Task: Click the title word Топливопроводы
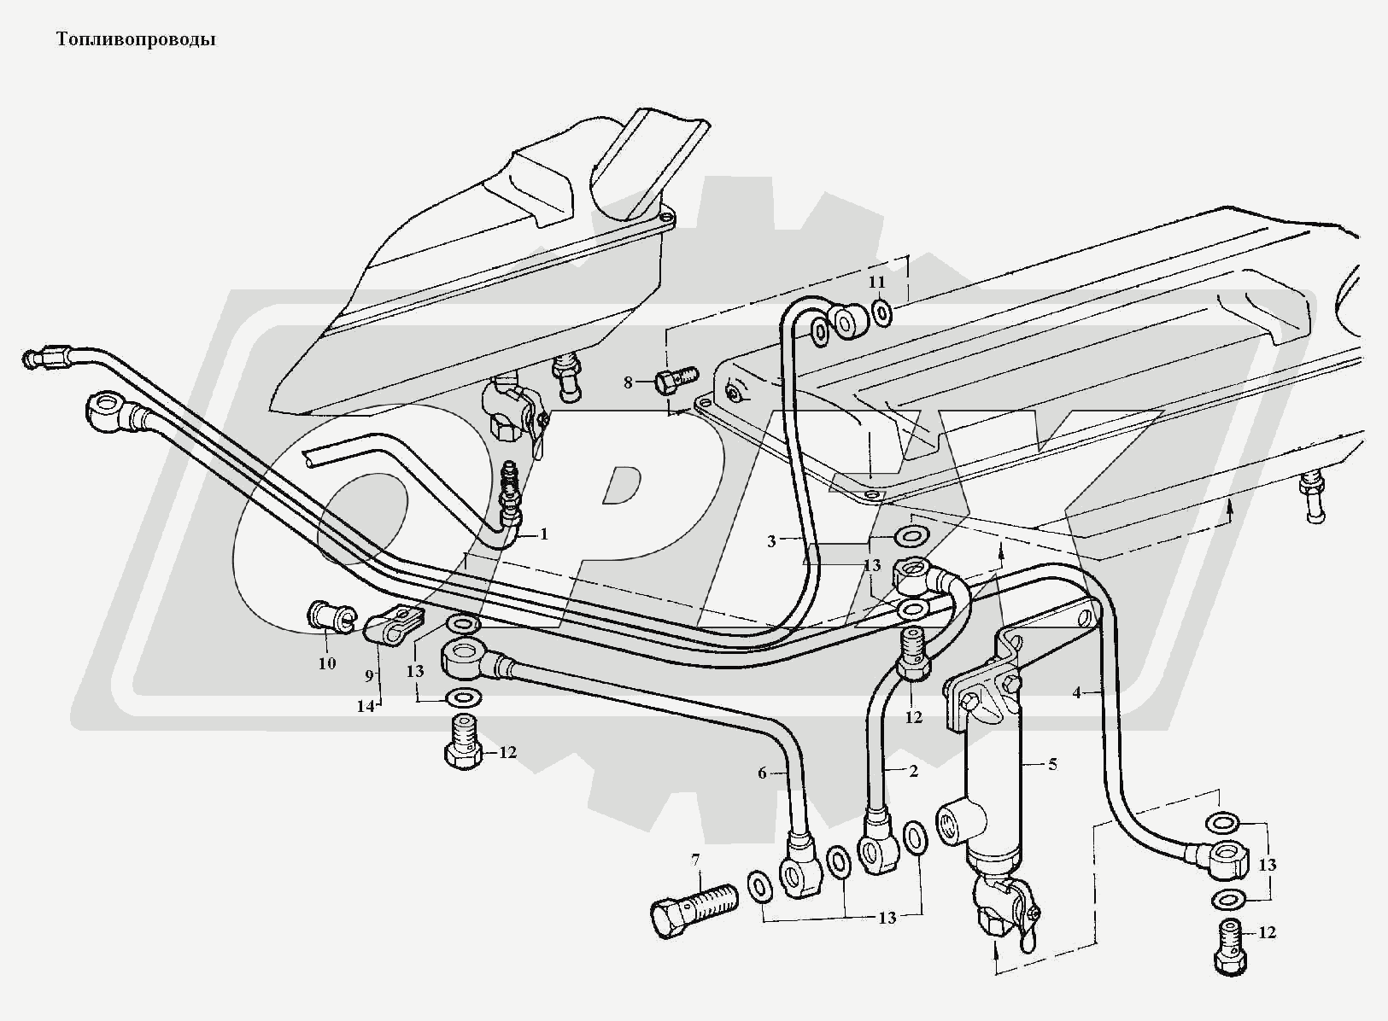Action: [135, 39]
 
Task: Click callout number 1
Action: [543, 534]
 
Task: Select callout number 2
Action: [913, 772]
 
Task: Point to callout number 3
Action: [770, 541]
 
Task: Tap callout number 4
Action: [1077, 693]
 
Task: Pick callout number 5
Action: [1052, 764]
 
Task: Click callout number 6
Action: [762, 773]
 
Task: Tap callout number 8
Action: [628, 382]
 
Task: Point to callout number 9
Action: [370, 674]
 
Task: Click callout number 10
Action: [327, 662]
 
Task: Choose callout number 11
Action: [877, 282]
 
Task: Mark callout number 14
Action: [366, 706]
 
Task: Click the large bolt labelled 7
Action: [693, 907]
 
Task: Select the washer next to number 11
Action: [882, 313]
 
